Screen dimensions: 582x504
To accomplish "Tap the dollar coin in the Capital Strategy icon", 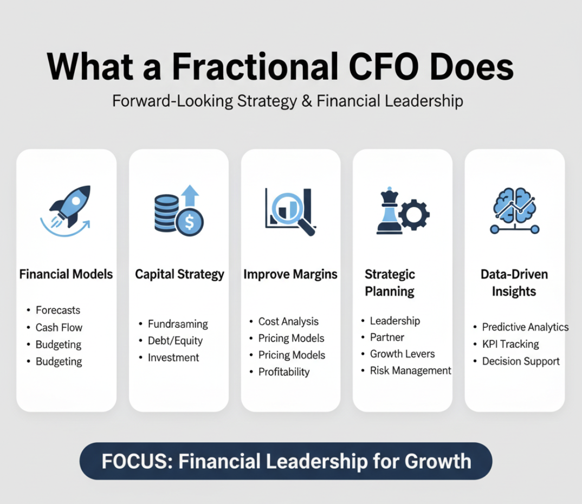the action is coord(190,222).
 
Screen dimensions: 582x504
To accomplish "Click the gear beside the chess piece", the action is coord(414,214).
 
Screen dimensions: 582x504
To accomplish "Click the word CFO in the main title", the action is coord(384,67).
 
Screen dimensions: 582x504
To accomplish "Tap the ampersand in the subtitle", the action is coord(307,101).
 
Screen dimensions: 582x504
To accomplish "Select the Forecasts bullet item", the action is coord(58,310).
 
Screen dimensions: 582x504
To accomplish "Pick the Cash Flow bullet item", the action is coord(59,327).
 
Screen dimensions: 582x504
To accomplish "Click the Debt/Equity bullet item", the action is coord(175,341).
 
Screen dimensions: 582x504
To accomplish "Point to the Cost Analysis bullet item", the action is coord(288,321).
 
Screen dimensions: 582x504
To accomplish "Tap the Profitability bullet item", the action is coord(284,372).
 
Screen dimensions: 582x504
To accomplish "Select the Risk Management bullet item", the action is coord(411,370).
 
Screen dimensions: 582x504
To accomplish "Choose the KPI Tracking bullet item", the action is coord(510,344).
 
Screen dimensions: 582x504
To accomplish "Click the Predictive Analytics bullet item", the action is coord(525,327).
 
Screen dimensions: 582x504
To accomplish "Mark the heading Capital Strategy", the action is coord(179,274).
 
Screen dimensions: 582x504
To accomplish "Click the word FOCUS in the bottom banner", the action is coord(137,461).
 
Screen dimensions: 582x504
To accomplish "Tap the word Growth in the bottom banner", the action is coord(438,461).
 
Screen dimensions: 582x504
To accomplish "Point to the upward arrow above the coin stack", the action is coord(190,196).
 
